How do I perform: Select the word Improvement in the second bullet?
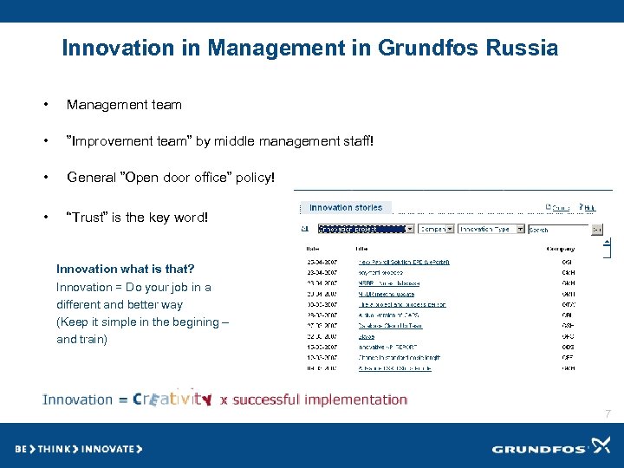112,141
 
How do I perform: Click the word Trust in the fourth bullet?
88,218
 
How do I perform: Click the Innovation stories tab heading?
345,208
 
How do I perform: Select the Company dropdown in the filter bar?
436,230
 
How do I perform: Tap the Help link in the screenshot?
589,208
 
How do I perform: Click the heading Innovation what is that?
125,269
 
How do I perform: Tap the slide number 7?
608,414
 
